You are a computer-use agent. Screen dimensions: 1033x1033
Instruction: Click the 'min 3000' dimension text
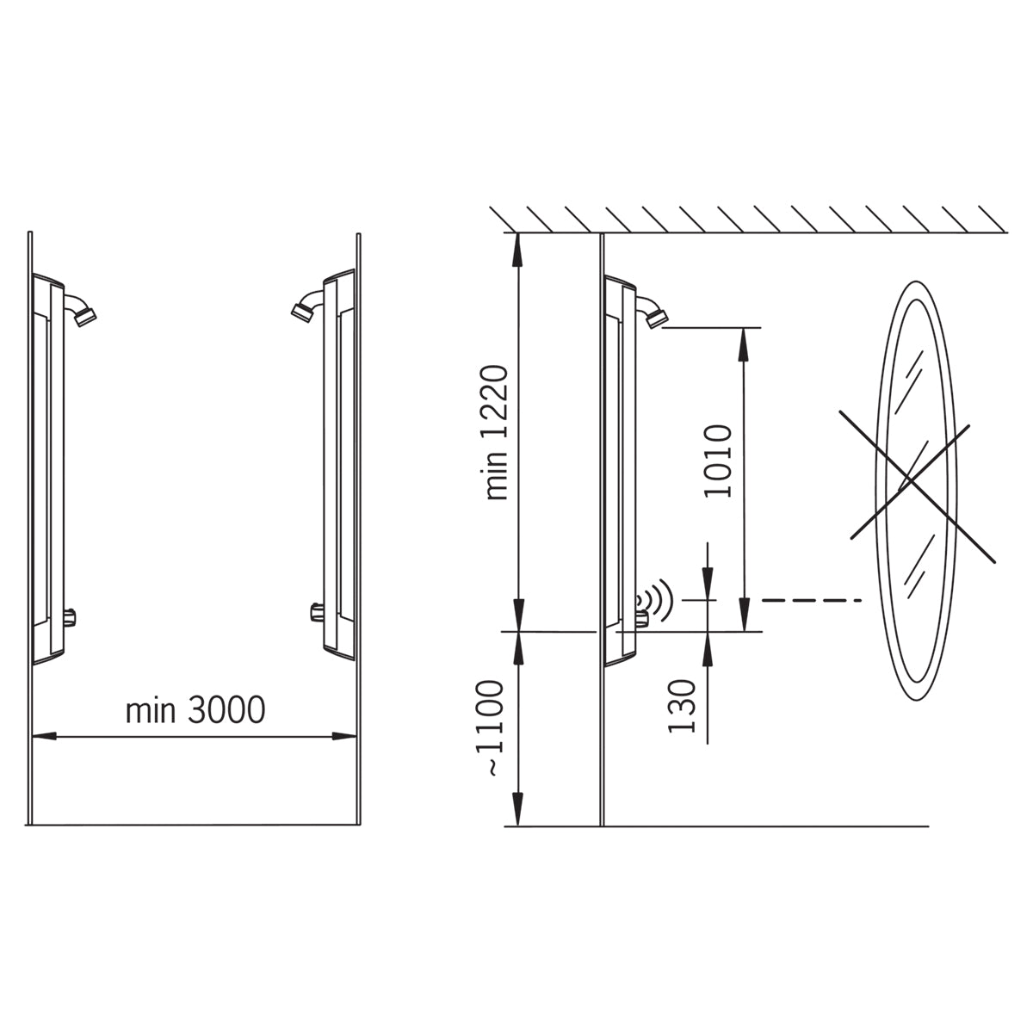tap(195, 710)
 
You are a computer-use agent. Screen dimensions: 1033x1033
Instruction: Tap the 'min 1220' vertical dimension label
tap(495, 433)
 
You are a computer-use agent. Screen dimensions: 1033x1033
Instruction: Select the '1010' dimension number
tap(718, 461)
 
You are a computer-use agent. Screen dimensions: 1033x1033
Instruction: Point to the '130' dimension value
tap(681, 706)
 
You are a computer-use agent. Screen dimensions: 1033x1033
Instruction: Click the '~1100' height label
tap(489, 728)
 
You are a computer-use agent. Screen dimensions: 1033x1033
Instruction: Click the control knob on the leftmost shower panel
tap(70, 616)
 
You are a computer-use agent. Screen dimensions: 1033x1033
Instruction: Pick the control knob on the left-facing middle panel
tap(317, 612)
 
